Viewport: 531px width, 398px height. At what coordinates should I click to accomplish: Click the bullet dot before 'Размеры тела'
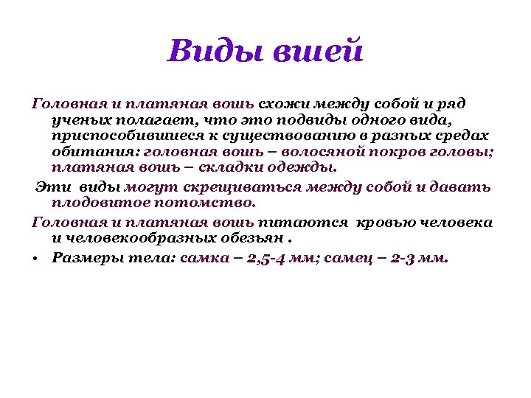35,259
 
